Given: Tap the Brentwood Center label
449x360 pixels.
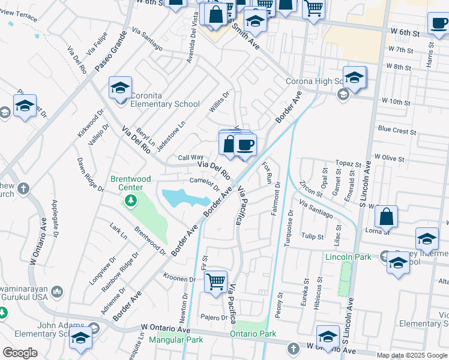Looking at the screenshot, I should pos(130,183).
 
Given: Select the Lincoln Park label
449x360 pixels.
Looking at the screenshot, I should pos(348,257).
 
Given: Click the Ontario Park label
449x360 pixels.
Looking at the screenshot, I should pos(253,334).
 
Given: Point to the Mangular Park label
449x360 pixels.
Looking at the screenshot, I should pos(178,340).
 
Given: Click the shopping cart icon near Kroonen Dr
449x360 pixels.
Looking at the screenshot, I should pos(215,281).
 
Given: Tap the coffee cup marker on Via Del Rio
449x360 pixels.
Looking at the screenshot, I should pos(244,145).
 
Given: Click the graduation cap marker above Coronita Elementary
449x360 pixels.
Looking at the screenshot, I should pos(121,88).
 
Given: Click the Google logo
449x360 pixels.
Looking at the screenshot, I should pos(20,353).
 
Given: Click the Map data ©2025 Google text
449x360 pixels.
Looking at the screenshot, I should pos(412,355).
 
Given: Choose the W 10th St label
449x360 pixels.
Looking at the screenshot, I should pos(396,103).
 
